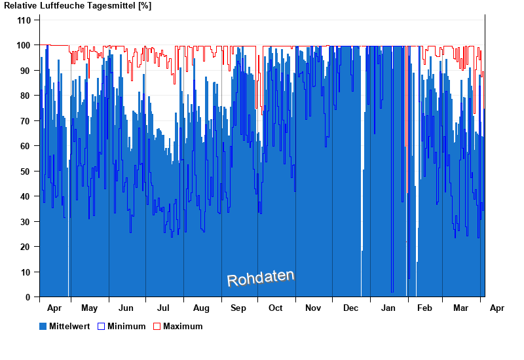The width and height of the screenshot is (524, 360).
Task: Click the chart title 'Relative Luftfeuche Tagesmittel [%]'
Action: pyautogui.click(x=77, y=6)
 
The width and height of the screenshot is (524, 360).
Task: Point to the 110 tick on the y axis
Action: pyautogui.click(x=24, y=20)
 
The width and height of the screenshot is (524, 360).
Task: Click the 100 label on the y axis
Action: pyautogui.click(x=24, y=45)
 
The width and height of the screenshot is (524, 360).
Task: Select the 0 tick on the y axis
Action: pyautogui.click(x=28, y=297)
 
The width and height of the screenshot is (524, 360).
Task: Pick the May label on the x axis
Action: pyautogui.click(x=89, y=308)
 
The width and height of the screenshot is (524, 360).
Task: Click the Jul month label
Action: pyautogui.click(x=164, y=308)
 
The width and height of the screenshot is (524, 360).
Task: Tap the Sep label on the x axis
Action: pyautogui.click(x=238, y=308)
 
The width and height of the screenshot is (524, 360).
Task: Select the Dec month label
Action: pyautogui.click(x=350, y=308)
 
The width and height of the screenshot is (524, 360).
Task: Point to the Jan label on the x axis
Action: pyautogui.click(x=388, y=308)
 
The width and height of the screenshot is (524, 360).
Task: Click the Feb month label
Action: pyautogui.click(x=424, y=308)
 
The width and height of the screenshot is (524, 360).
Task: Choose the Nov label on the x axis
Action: pyautogui.click(x=313, y=308)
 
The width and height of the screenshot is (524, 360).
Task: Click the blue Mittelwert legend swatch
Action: pyautogui.click(x=43, y=326)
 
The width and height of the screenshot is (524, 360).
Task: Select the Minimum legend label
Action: pyautogui.click(x=126, y=326)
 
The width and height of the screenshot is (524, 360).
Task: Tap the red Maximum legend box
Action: pyautogui.click(x=157, y=326)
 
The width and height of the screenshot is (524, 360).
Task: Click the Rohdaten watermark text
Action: pyautogui.click(x=261, y=278)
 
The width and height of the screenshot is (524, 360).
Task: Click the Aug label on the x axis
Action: pyautogui.click(x=202, y=308)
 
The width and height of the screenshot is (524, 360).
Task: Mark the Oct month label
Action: pyautogui.click(x=276, y=308)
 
